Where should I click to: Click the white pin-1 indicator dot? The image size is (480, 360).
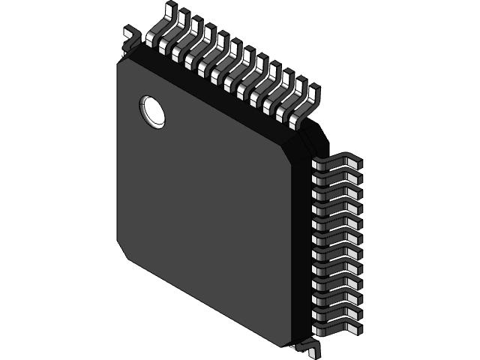click(152, 111)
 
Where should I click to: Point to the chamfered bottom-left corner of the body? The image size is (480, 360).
click(124, 251)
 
